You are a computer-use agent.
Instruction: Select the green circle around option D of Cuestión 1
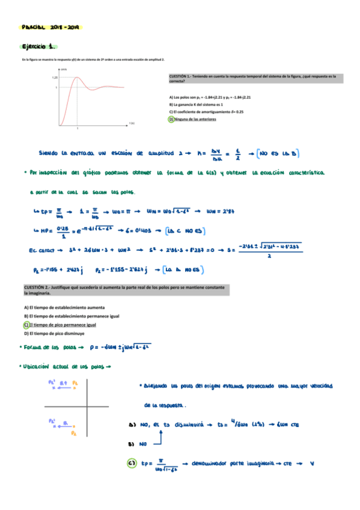pos(171,119)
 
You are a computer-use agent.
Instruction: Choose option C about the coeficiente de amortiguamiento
pos(206,112)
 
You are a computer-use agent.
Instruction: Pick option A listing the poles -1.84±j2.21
pos(210,97)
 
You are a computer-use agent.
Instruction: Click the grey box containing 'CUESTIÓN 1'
pos(256,78)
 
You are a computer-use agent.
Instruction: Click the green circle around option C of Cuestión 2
pos(26,325)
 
